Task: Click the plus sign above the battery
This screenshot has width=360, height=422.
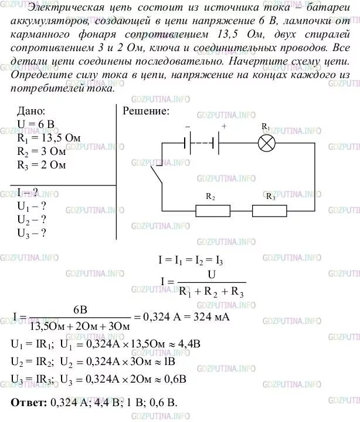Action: point(223,126)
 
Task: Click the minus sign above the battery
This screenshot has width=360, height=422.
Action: point(188,126)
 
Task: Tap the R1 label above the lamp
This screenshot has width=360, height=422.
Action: point(266,127)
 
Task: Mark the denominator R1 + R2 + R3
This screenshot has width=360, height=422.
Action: point(213,291)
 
